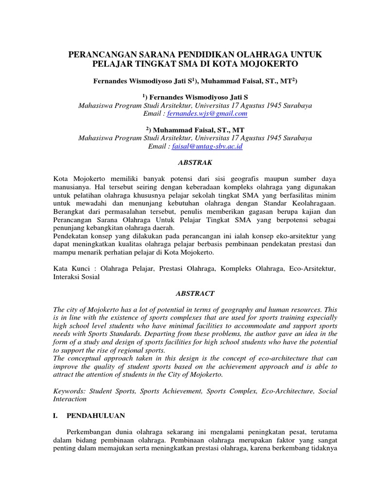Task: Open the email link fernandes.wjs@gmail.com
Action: point(207,114)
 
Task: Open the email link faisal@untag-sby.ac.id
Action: point(207,146)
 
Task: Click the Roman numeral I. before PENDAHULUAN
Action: point(56,416)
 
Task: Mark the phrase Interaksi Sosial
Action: point(76,277)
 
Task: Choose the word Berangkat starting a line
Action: point(70,212)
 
